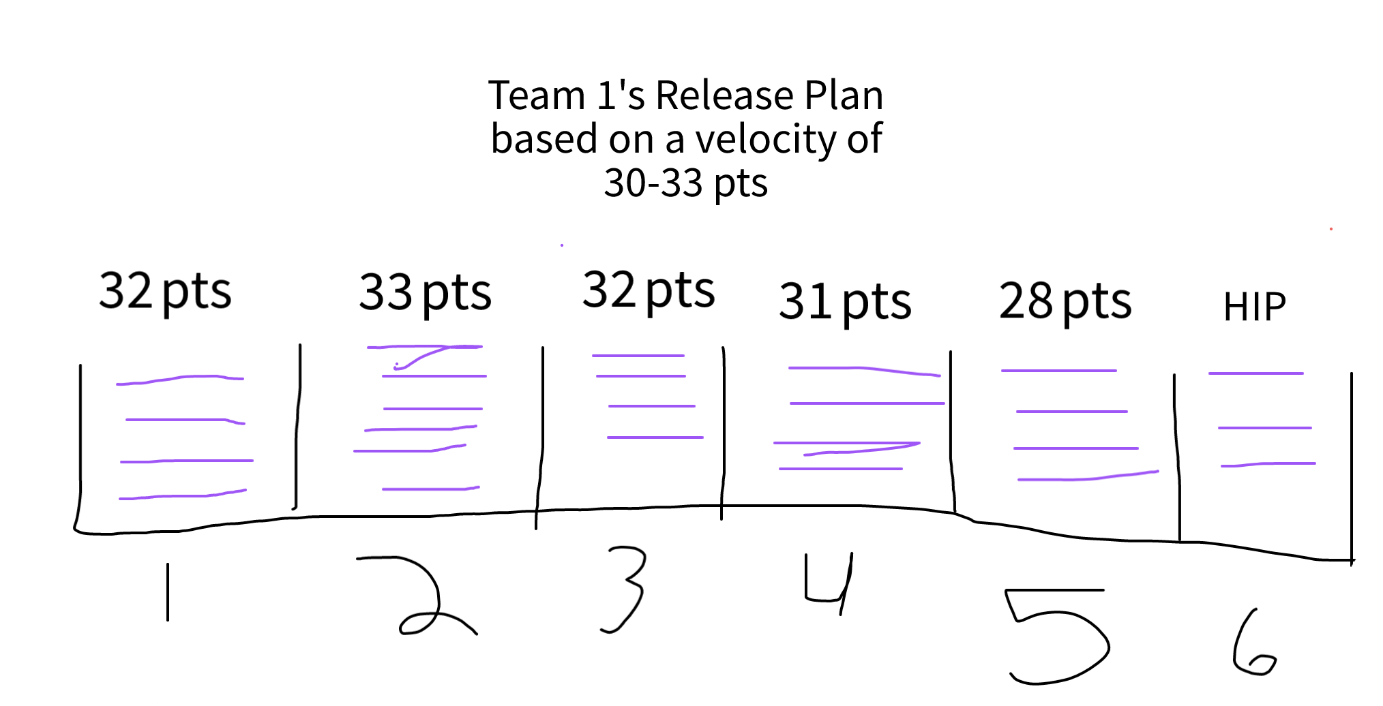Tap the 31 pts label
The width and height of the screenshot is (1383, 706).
tap(845, 302)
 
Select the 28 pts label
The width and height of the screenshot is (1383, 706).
tap(1065, 301)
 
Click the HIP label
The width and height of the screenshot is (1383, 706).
tap(1254, 307)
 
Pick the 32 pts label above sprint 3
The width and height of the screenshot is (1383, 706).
tap(649, 290)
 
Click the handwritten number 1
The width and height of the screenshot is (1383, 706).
tap(168, 592)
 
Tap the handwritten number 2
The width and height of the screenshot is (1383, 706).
tap(423, 596)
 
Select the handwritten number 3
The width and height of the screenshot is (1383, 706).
tap(624, 589)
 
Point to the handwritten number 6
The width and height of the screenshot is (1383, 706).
tap(1253, 644)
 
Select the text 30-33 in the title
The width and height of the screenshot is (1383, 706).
tap(653, 183)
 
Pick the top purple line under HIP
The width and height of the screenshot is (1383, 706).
tap(1255, 373)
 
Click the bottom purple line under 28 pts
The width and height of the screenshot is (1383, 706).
tap(1088, 477)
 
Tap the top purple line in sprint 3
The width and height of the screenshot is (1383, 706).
tap(638, 356)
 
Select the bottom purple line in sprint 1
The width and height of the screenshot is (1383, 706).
tap(183, 495)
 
